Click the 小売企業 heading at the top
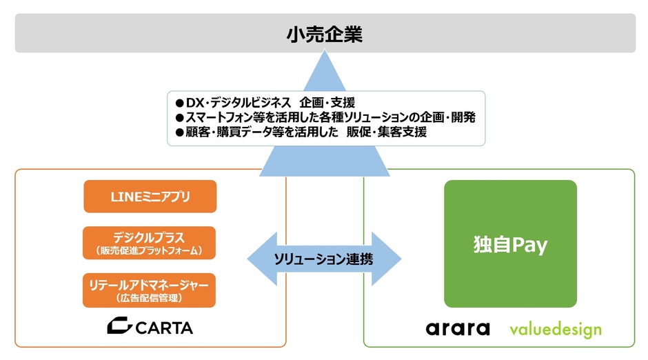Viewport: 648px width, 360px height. click(x=325, y=34)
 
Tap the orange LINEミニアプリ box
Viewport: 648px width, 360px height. click(x=150, y=197)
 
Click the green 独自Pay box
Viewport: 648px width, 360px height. click(x=510, y=243)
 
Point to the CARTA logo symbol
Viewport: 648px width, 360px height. click(x=120, y=326)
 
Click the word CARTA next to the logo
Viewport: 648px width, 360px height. click(x=164, y=326)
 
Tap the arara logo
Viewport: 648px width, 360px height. click(x=458, y=328)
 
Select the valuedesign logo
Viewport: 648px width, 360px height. click(x=556, y=329)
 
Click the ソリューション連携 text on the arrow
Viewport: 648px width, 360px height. click(x=324, y=259)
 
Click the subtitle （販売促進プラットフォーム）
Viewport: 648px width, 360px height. click(x=150, y=250)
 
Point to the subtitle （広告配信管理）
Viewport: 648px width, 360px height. click(x=150, y=298)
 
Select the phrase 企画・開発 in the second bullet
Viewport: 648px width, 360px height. click(x=446, y=118)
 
